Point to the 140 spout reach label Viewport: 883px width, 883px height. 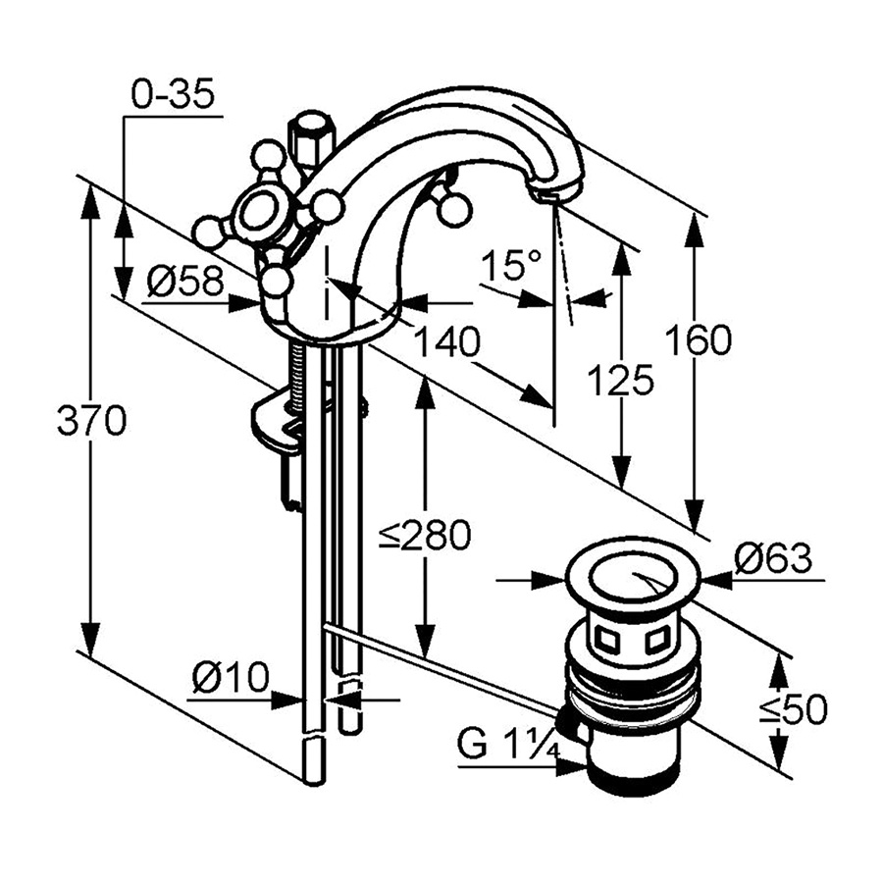(x=445, y=343)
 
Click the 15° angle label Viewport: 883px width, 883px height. (x=511, y=264)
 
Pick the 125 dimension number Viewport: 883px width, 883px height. (x=620, y=379)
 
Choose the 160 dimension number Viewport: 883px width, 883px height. (x=698, y=340)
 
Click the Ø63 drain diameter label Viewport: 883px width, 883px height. (x=773, y=559)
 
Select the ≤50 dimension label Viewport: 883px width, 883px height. (x=793, y=708)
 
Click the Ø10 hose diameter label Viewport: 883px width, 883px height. (x=230, y=677)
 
